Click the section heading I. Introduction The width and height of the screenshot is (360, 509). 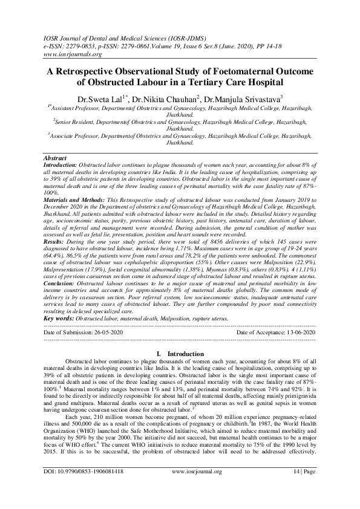[180, 353]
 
